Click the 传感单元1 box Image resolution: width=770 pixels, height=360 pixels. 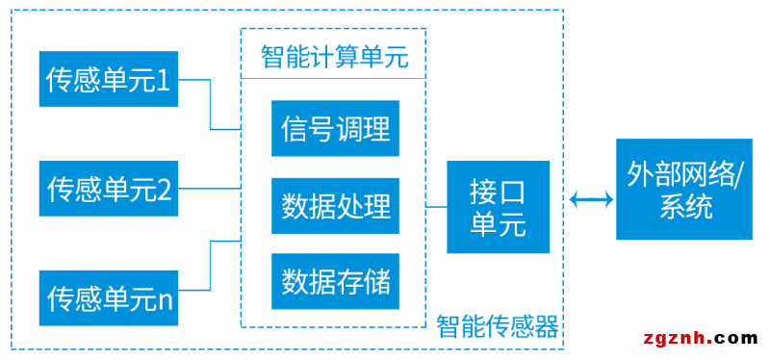pyautogui.click(x=109, y=80)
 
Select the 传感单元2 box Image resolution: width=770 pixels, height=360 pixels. pyautogui.click(x=109, y=189)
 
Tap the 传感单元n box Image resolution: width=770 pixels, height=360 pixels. pyautogui.click(x=109, y=297)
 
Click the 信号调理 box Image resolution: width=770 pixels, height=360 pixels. pyautogui.click(x=335, y=128)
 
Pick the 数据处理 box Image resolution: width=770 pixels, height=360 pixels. pyautogui.click(x=335, y=205)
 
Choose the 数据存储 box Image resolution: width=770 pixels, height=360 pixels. pyautogui.click(x=335, y=281)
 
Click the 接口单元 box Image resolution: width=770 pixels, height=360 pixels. pyautogui.click(x=499, y=206)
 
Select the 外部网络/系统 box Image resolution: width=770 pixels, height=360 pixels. pyautogui.click(x=685, y=189)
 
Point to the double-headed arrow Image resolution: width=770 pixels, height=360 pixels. pyautogui.click(x=590, y=200)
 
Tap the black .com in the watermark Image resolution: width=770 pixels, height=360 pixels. pyautogui.click(x=736, y=338)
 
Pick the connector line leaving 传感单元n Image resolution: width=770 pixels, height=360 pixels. pyautogui.click(x=211, y=270)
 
